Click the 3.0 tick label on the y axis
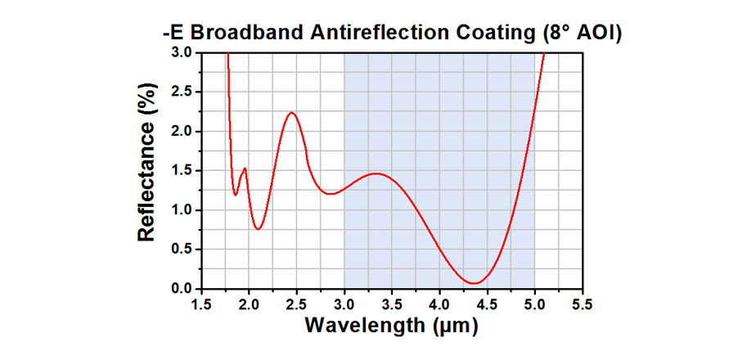click(181, 52)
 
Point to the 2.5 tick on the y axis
click(181, 92)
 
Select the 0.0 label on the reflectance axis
click(181, 289)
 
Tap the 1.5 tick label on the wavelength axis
click(201, 304)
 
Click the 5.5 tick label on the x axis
click(582, 304)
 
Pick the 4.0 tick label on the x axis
click(439, 304)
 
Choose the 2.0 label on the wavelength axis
click(249, 304)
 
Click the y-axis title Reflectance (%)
click(147, 170)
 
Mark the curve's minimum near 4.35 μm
click(474, 283)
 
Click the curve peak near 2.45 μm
click(291, 113)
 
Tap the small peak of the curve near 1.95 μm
click(245, 169)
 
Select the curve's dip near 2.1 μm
click(258, 229)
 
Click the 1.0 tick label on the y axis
click(181, 210)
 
